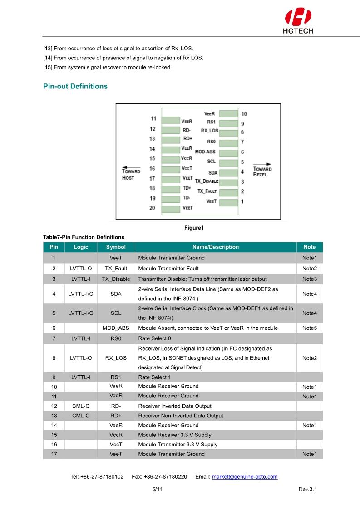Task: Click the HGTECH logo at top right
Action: (x=298, y=21)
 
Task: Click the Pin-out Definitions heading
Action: (x=75, y=86)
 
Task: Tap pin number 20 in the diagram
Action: (x=153, y=208)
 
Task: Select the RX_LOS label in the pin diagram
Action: (x=210, y=131)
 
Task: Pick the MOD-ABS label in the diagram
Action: (x=205, y=152)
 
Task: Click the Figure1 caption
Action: (x=194, y=228)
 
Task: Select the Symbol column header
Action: (x=116, y=247)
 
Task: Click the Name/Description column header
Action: (x=216, y=247)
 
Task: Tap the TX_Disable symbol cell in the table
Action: (x=116, y=279)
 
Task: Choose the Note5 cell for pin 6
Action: (x=309, y=328)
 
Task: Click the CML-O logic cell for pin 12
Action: (x=81, y=406)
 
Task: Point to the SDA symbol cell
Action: (x=116, y=294)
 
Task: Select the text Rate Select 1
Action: (x=154, y=377)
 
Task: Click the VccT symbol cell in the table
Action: (x=116, y=445)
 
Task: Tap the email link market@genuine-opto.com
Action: (x=245, y=477)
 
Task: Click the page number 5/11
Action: (x=157, y=489)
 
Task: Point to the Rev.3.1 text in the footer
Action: (x=307, y=489)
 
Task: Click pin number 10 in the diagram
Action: (x=244, y=114)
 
